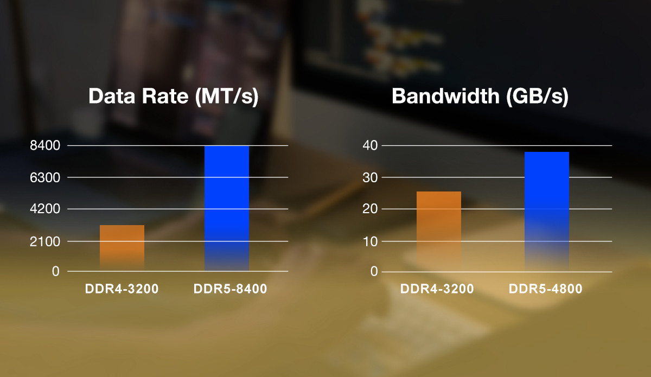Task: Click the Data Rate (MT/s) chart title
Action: [173, 97]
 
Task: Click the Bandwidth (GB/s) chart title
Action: [480, 97]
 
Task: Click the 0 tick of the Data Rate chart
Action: [55, 271]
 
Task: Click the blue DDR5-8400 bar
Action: [227, 208]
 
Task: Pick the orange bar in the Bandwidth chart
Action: [438, 231]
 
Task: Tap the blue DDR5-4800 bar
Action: [547, 212]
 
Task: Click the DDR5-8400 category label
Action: [230, 289]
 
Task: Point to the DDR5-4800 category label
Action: [545, 289]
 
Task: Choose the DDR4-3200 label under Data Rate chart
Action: [122, 289]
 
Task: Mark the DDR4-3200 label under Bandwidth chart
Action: [437, 289]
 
